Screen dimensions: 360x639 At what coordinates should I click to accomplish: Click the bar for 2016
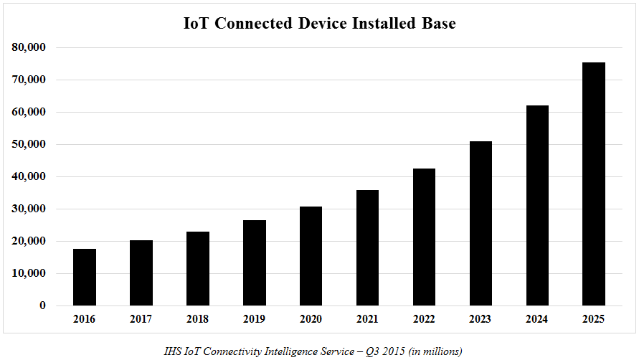[85, 277]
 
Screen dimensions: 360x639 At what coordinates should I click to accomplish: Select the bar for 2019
[255, 262]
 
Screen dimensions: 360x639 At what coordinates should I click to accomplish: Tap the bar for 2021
[367, 247]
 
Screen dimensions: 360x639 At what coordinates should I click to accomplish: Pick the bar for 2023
[481, 223]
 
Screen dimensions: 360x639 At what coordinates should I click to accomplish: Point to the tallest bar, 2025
[594, 184]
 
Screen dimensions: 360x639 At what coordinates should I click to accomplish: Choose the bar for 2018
[198, 268]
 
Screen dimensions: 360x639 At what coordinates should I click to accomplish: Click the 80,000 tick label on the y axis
[29, 47]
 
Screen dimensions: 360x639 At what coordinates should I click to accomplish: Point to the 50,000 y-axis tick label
[29, 144]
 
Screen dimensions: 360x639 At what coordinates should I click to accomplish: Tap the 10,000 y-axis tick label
[29, 273]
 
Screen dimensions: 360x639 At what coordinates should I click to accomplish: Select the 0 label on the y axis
[42, 305]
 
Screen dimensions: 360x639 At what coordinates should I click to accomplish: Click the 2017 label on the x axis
[141, 318]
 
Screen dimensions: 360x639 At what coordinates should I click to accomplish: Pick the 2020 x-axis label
[311, 318]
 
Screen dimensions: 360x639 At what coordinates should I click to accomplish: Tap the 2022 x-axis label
[424, 318]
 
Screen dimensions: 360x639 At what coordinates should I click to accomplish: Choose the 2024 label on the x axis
[537, 318]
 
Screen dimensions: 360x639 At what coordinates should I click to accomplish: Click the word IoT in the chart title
[197, 23]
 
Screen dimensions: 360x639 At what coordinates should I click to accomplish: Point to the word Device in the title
[321, 23]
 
